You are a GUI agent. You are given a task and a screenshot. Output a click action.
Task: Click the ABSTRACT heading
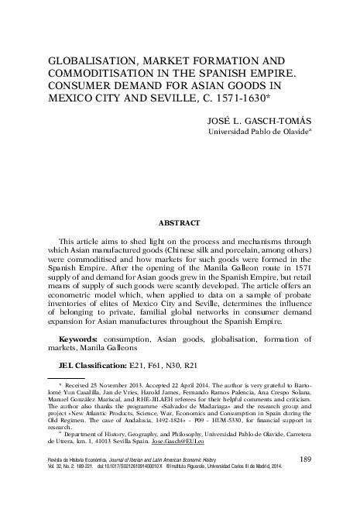180,221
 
